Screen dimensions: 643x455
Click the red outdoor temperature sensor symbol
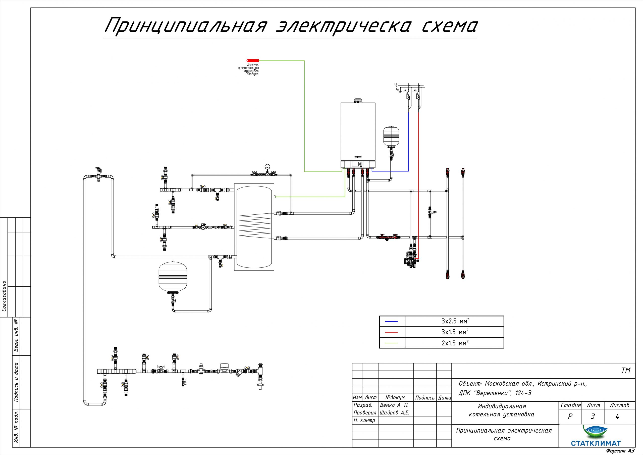(253, 60)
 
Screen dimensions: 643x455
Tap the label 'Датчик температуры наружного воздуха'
(249, 69)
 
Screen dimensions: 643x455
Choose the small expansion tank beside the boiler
(391, 136)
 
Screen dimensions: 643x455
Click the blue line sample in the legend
(392, 322)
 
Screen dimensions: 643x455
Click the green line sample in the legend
(392, 343)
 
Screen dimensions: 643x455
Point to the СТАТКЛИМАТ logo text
(595, 443)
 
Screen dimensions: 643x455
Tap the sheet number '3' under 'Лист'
(593, 417)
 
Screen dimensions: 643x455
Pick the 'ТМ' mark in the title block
(626, 370)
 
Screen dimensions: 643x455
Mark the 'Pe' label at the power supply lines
(397, 89)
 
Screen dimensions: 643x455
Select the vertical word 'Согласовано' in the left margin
(4, 296)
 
